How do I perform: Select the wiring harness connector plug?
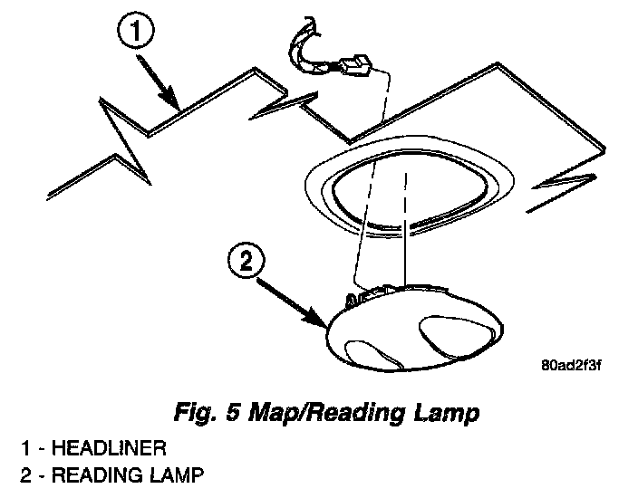pyautogui.click(x=354, y=68)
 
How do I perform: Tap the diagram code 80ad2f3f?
pyautogui.click(x=572, y=366)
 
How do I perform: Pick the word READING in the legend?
pyautogui.click(x=96, y=473)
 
